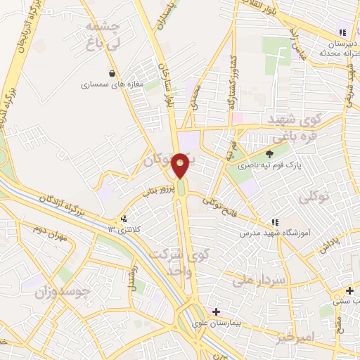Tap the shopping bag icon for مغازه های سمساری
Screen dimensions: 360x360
point(112,73)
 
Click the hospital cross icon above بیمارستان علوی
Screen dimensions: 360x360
point(216,311)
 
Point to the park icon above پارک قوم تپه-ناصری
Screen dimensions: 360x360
point(269,155)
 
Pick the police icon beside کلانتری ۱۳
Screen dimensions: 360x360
point(124,219)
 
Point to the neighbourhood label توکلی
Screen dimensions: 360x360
point(314,199)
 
